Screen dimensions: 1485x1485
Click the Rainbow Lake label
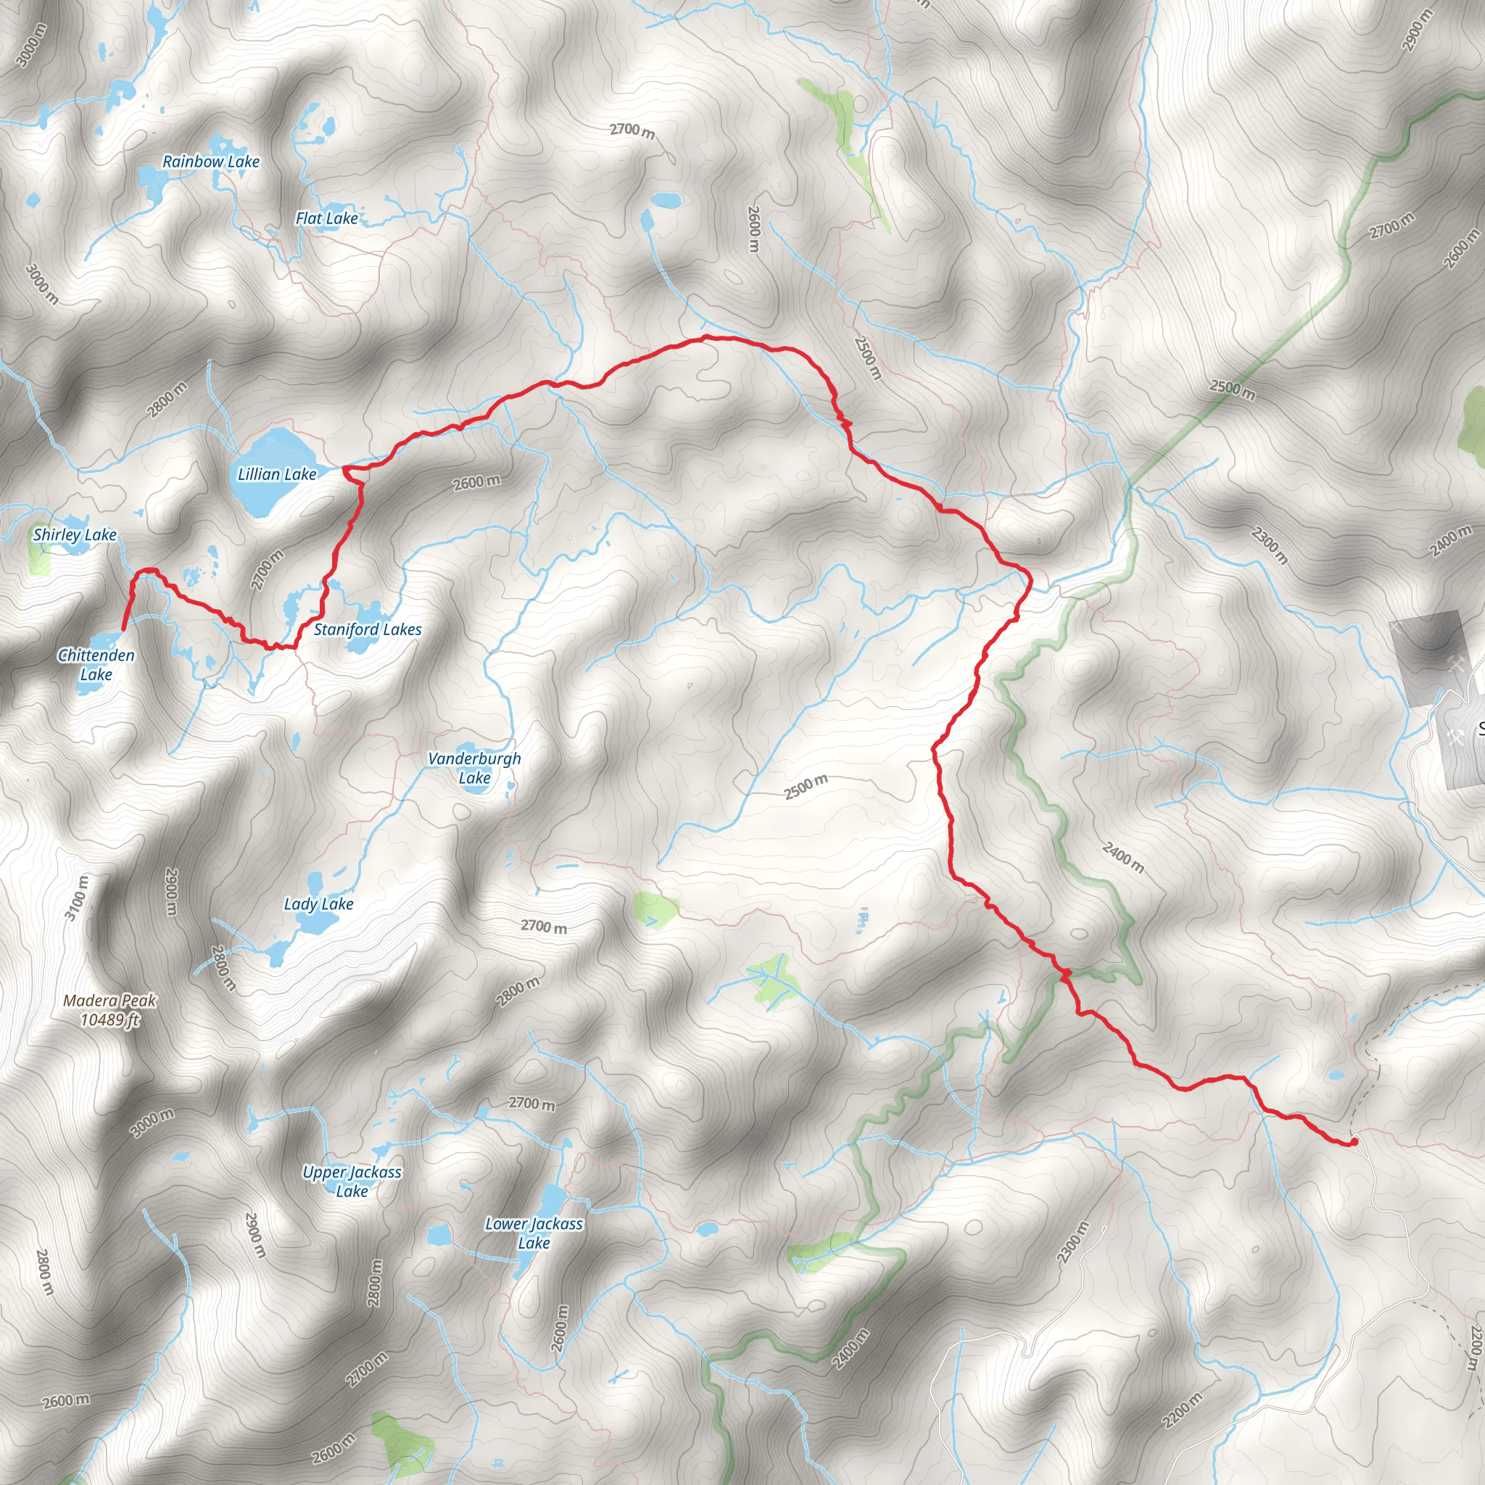pos(210,162)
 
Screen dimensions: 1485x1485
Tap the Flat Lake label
pos(327,218)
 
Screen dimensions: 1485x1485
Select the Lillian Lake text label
pos(277,474)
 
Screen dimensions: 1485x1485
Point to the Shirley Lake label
pos(75,534)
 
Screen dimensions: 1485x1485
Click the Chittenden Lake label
pos(96,664)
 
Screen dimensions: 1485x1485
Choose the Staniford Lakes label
pos(368,629)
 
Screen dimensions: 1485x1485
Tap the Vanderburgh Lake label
pos(474,768)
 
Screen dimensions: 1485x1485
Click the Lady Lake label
pos(318,904)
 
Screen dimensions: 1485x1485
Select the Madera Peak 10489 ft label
pos(110,1010)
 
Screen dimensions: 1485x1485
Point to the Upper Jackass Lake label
pos(351,1181)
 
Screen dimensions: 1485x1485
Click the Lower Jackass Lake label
pos(534,1233)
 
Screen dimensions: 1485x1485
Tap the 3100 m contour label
pos(76,897)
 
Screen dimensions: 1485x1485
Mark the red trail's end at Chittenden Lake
pos(123,629)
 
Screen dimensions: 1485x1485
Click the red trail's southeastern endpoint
pos(1354,1142)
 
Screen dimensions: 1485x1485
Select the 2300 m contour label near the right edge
pos(1270,545)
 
